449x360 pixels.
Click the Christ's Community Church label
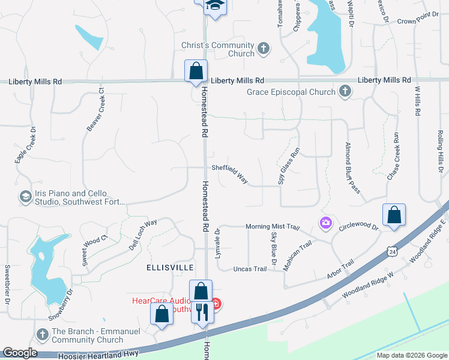[x=218, y=49]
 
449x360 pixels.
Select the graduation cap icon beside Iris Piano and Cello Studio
[x=25, y=197]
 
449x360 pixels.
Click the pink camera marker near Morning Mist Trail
[x=325, y=223]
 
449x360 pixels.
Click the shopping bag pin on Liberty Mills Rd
[x=196, y=71]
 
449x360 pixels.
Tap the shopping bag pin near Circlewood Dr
[x=394, y=215]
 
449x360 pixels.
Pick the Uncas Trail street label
[x=250, y=269]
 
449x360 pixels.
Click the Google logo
[x=20, y=353]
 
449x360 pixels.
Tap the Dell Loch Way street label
[x=143, y=231]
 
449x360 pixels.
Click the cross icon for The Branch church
[x=42, y=334]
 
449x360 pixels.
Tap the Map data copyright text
[x=411, y=355]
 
